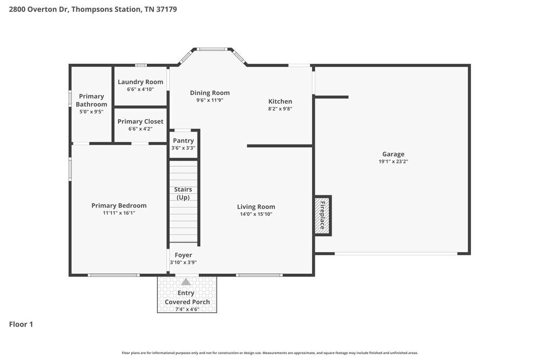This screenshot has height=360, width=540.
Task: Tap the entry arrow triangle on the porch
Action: (x=186, y=282)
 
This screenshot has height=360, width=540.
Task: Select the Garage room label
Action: (x=393, y=154)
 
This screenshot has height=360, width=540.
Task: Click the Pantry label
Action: (x=183, y=140)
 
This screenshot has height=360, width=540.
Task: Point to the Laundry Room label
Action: (x=140, y=82)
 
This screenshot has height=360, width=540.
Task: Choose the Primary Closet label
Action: (x=140, y=121)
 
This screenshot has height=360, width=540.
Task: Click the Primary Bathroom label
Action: (x=91, y=100)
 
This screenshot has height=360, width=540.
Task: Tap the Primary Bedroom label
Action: (x=119, y=206)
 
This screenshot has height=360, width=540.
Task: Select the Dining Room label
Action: (x=210, y=93)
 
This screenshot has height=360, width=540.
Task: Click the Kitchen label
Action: (x=280, y=101)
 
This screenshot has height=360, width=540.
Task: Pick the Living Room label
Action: (x=256, y=207)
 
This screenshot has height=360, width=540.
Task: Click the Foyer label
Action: (x=183, y=255)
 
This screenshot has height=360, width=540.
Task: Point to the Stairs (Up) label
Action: (x=183, y=193)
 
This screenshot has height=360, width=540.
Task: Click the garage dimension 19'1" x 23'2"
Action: (x=393, y=161)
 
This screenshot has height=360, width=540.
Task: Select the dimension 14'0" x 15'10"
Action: (x=256, y=214)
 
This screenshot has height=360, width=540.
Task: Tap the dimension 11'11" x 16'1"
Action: (x=119, y=213)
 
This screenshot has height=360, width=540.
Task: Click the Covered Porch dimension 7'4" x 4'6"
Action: (x=187, y=309)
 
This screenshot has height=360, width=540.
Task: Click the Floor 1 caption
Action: (x=21, y=324)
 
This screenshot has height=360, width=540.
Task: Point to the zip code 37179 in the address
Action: (x=167, y=9)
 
